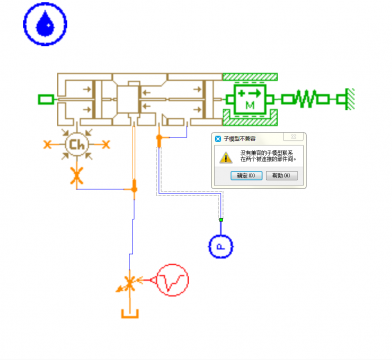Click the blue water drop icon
coord(42,25)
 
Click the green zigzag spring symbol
coord(309,98)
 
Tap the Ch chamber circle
coord(75,145)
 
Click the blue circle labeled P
coord(221,244)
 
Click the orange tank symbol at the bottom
coord(128,314)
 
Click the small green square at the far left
coord(44,98)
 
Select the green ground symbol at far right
coord(349,98)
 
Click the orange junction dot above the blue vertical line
coord(133,187)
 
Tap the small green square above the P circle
coord(221,219)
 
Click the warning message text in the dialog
coord(266,157)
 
